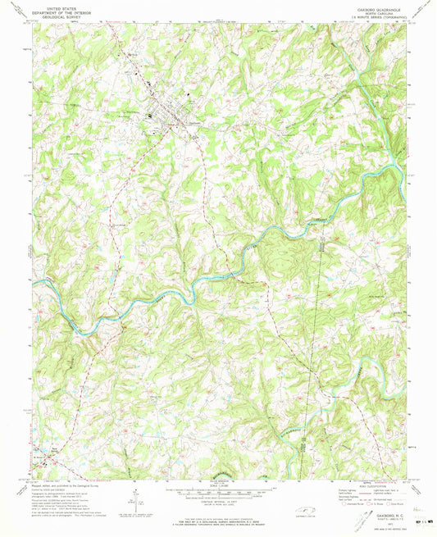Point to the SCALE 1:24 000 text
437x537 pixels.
click(x=218, y=486)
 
